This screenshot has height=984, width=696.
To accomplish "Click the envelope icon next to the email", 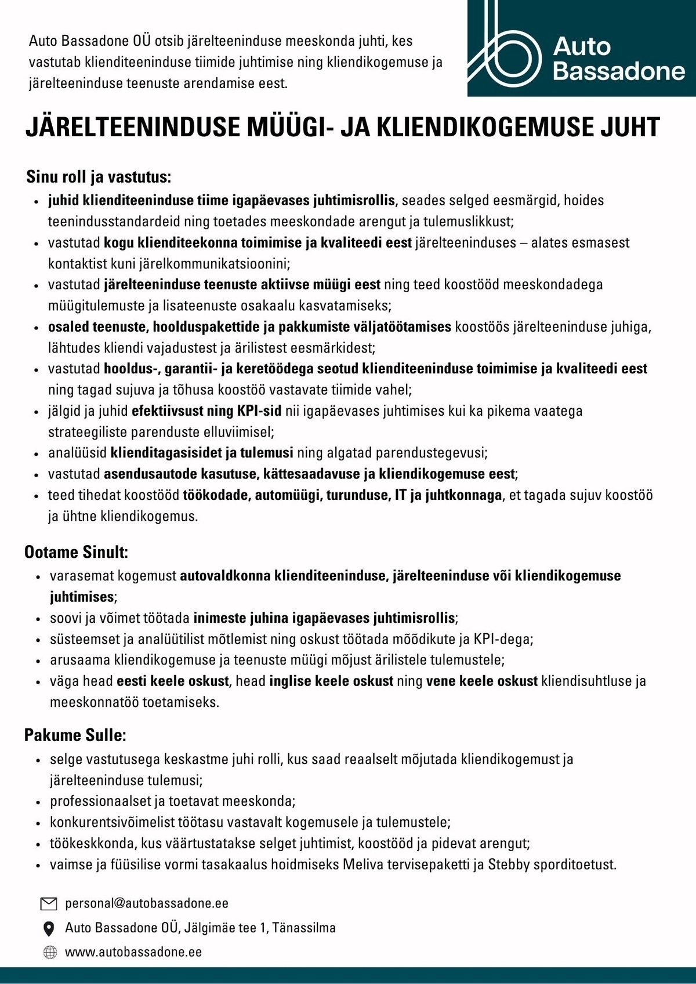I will [x=49, y=903].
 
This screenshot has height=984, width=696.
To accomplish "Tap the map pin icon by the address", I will [x=49, y=928].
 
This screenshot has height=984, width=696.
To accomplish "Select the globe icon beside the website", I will [x=50, y=952].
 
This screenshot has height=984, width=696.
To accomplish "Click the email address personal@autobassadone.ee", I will [x=147, y=903].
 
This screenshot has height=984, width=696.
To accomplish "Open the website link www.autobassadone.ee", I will [x=133, y=952].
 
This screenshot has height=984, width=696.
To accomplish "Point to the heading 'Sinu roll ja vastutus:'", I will [x=98, y=177].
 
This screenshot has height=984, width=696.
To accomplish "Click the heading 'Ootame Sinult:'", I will [x=76, y=552].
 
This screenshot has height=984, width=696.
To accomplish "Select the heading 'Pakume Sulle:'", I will [x=75, y=735].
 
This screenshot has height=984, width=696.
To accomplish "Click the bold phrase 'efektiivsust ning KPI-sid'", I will [x=206, y=411].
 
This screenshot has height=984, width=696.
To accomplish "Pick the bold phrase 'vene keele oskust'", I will [x=481, y=681].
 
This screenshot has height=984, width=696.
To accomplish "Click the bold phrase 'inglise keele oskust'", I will [x=331, y=681].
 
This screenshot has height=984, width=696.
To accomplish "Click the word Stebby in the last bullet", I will [x=509, y=865].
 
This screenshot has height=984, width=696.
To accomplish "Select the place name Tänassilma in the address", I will [x=304, y=928].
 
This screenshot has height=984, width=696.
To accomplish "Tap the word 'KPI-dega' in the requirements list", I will [x=503, y=639].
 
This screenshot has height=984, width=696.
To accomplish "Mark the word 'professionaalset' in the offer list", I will [x=100, y=801].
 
